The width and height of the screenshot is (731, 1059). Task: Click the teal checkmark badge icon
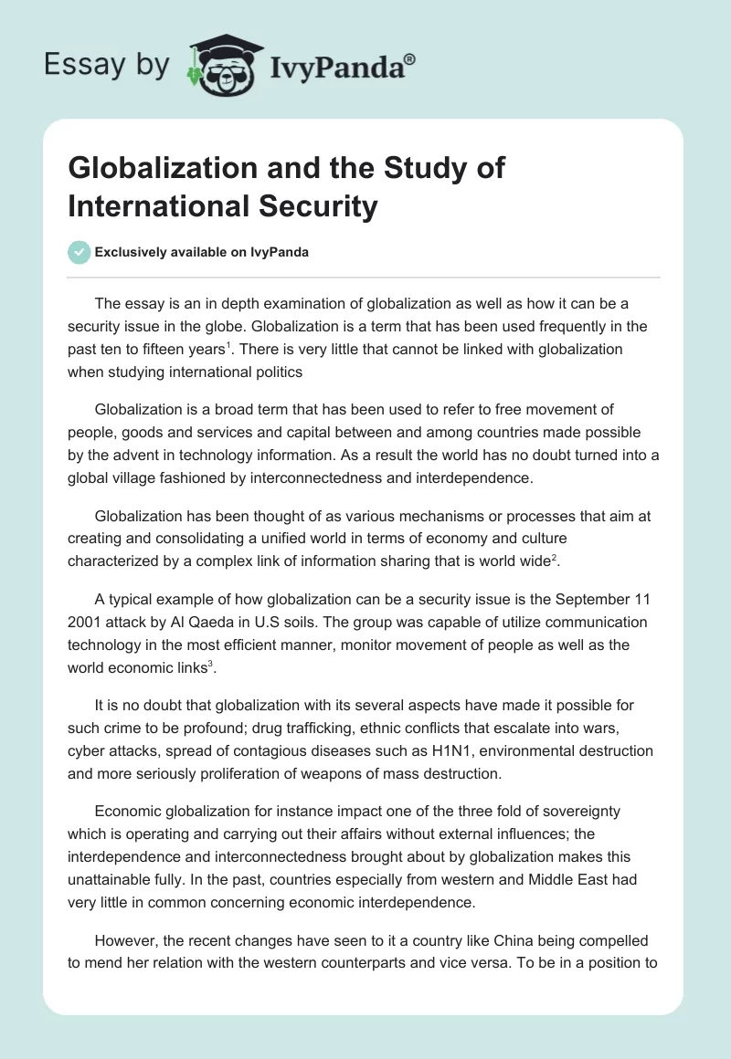pos(79,252)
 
